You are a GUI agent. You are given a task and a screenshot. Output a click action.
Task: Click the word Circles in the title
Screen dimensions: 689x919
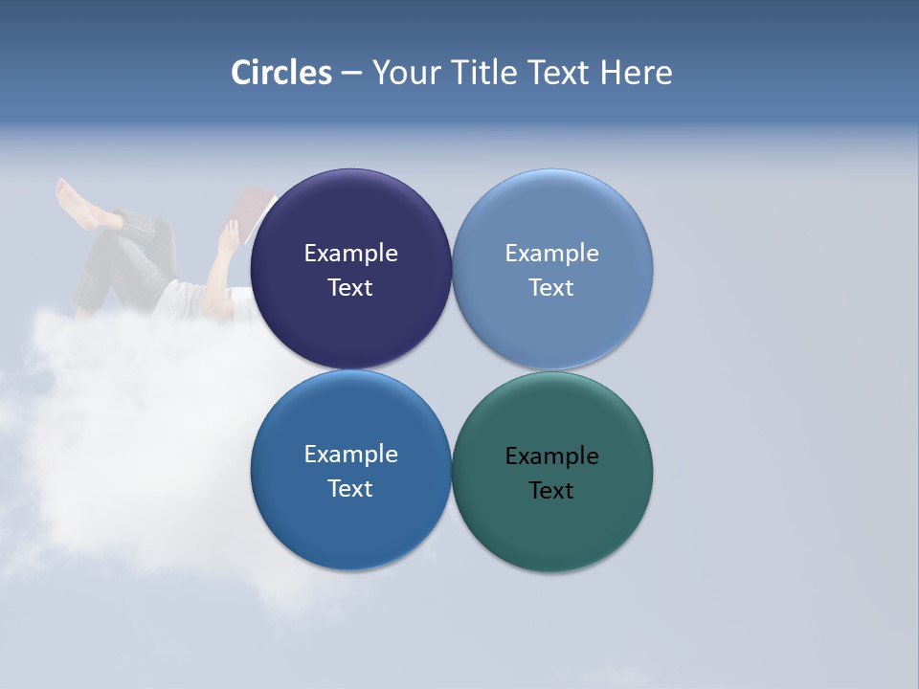281,73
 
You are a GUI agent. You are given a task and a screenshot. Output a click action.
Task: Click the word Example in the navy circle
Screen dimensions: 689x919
350,254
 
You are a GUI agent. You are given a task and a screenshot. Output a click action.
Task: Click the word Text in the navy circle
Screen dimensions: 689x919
350,288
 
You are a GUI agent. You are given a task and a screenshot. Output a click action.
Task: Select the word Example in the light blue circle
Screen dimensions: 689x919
551,254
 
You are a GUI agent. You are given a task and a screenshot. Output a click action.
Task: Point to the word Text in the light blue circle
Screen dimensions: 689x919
551,288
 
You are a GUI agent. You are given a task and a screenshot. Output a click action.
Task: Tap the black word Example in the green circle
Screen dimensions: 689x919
551,456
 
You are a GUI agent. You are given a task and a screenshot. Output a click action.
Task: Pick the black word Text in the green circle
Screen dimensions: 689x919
551,491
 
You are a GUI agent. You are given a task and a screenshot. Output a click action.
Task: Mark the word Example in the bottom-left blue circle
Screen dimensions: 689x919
350,455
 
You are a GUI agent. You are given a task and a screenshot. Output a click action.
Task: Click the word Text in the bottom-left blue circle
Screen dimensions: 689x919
350,489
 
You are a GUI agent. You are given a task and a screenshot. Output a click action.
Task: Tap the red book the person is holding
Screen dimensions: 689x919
256,211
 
